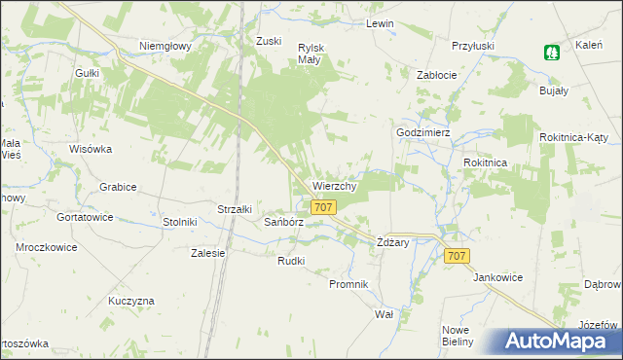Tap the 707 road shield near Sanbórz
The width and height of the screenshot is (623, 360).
pyautogui.click(x=324, y=207)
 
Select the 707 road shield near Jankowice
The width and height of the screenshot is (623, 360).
pyautogui.click(x=457, y=255)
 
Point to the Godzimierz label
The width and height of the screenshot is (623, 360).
pyautogui.click(x=422, y=132)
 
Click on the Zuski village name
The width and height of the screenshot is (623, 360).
pyautogui.click(x=269, y=41)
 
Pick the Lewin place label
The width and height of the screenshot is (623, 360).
pyautogui.click(x=380, y=23)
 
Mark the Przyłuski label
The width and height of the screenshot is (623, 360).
pyautogui.click(x=473, y=45)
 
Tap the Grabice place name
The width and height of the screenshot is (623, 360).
pyautogui.click(x=118, y=186)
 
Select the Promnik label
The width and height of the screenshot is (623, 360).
pyautogui.click(x=348, y=284)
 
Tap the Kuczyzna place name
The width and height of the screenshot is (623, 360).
pyautogui.click(x=131, y=301)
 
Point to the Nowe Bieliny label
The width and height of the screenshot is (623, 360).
pyautogui.click(x=457, y=335)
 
